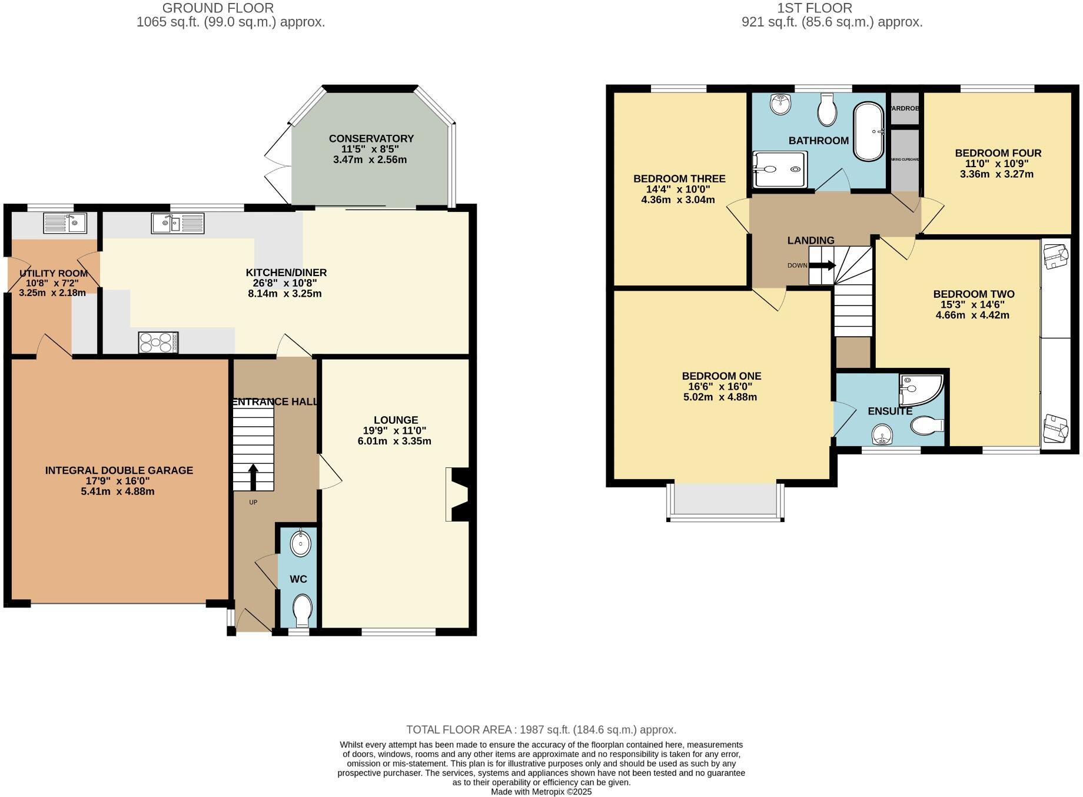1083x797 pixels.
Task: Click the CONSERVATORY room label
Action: [371, 138]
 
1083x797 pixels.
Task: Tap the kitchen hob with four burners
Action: [158, 343]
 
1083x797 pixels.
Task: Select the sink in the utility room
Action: [65, 223]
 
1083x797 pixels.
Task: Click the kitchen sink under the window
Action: [177, 223]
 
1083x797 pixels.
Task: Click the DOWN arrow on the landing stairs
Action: [822, 265]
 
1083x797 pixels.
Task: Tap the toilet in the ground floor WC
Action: [303, 610]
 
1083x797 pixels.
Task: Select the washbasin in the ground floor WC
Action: [300, 543]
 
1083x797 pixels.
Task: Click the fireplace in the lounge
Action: [457, 494]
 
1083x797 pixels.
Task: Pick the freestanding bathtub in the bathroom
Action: [868, 132]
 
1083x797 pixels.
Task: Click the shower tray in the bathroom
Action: [779, 170]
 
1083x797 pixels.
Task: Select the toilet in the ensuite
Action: [926, 425]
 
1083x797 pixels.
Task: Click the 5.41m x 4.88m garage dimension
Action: [118, 492]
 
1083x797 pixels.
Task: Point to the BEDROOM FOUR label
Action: [998, 153]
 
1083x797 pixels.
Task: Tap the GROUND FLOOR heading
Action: [218, 8]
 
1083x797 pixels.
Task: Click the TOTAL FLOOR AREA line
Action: [541, 730]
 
